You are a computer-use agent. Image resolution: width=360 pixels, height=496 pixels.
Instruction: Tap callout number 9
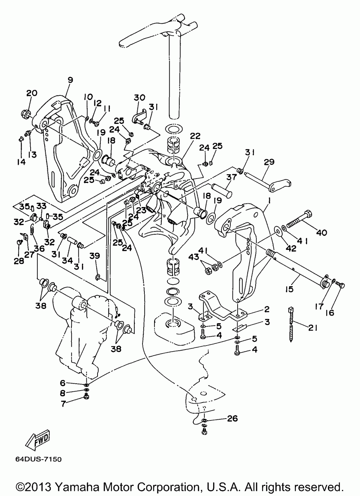click(70, 80)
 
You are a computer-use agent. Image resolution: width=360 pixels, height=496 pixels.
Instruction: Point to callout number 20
click(32, 93)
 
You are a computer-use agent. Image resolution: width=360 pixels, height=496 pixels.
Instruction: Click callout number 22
click(195, 136)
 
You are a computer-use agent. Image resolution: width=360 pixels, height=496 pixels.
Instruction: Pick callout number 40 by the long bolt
click(322, 233)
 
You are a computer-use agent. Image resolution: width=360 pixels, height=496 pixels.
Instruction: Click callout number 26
click(233, 418)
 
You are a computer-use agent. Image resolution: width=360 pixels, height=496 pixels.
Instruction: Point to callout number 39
click(95, 256)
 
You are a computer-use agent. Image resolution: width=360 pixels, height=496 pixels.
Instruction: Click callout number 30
click(139, 98)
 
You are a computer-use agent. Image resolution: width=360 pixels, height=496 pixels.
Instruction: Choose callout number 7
click(63, 403)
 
